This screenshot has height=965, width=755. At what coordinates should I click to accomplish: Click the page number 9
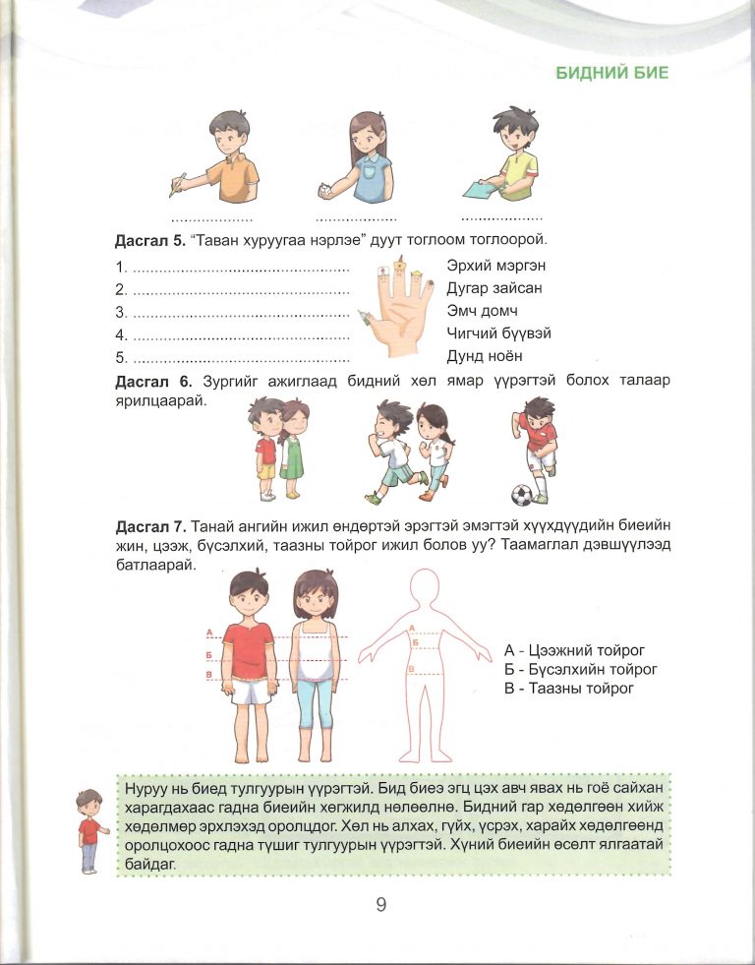(x=380, y=905)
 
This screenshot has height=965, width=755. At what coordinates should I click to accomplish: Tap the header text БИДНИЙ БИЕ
(x=611, y=73)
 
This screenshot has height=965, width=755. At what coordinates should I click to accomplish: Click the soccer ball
(x=523, y=493)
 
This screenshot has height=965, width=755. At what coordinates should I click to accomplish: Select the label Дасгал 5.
(x=147, y=241)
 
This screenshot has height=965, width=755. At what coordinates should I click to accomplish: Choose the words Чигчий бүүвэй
(x=498, y=333)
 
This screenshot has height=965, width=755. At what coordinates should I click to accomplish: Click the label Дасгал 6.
(x=147, y=381)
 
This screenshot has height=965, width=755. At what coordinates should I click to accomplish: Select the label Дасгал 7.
(x=147, y=527)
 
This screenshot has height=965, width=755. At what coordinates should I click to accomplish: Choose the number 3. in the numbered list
(x=122, y=312)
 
